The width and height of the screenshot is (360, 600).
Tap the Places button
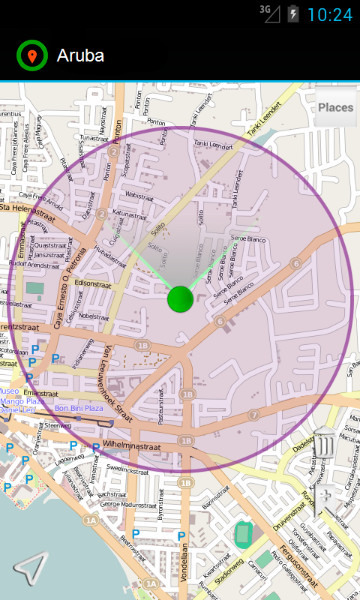335,107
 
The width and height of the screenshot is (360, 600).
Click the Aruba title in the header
80,55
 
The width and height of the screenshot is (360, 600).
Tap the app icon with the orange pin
31,55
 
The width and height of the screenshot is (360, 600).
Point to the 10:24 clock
329,14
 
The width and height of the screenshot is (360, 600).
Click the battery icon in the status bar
292,13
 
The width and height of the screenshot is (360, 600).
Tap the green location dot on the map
180,298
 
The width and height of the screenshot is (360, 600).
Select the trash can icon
324,442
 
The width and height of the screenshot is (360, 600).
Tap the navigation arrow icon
30,568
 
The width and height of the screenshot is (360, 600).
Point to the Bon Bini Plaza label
79,408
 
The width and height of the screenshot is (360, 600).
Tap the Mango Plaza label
22,401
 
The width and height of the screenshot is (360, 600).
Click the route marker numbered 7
254,415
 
